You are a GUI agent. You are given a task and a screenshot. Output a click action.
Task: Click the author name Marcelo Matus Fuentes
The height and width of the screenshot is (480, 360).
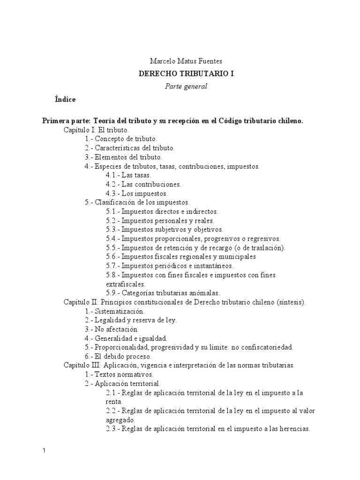pyautogui.click(x=180, y=61)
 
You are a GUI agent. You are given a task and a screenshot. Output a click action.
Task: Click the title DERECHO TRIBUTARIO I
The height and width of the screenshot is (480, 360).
pyautogui.click(x=180, y=74)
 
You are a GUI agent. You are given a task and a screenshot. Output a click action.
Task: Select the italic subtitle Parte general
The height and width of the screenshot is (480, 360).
pyautogui.click(x=180, y=86)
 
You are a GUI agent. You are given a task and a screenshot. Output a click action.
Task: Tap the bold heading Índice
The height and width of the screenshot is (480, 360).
pyautogui.click(x=65, y=99)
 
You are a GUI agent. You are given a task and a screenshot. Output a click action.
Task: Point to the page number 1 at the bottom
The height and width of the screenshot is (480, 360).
pyautogui.click(x=45, y=450)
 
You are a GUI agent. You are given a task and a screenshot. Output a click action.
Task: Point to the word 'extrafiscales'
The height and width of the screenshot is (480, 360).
pyautogui.click(x=126, y=284)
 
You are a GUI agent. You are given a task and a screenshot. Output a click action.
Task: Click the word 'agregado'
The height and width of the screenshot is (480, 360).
pyautogui.click(x=120, y=420)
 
